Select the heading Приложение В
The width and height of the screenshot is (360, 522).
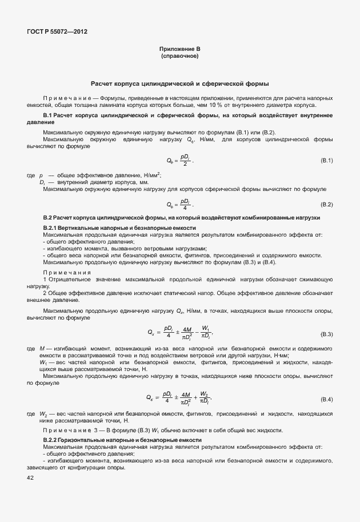pos(180,49)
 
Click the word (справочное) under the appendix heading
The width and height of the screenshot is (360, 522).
pos(180,56)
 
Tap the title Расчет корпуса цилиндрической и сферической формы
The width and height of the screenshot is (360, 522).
pos(180,83)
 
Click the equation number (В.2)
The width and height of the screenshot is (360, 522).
pos(326,204)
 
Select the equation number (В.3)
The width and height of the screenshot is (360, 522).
pos(326,333)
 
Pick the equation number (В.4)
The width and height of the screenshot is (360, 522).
pos(326,398)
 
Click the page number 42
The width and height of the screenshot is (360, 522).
pos(30,477)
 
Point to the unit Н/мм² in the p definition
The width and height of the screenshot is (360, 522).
pos(149,174)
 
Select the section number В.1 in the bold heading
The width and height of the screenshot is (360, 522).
pos(48,115)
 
